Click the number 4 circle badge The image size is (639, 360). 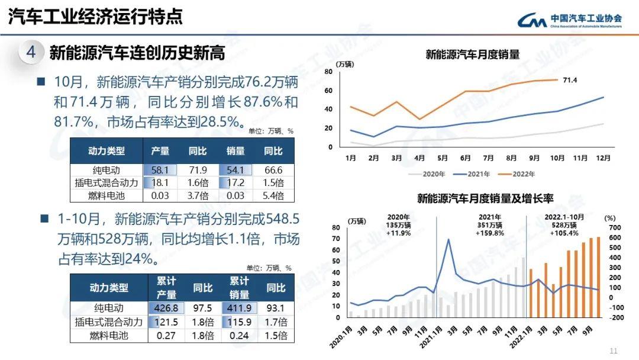[x=31, y=52]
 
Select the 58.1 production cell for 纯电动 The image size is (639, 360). [x=160, y=170]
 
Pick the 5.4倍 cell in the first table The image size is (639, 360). [x=273, y=195]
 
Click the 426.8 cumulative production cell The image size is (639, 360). [x=166, y=308]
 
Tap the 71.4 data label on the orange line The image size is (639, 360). [x=570, y=80]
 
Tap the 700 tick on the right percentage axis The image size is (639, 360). [x=615, y=227]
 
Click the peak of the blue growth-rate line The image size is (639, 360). [x=448, y=240]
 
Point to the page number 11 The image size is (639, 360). [x=614, y=349]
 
